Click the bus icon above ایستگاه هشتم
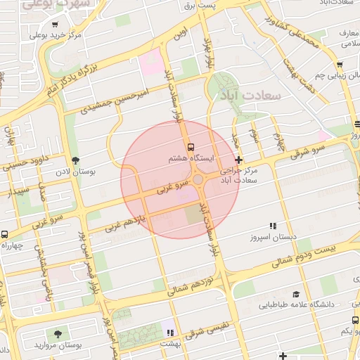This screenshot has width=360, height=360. [191, 147]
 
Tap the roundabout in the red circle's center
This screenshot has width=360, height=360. [199, 181]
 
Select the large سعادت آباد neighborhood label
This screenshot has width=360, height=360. [250, 94]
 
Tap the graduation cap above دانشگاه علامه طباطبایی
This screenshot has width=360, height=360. [296, 295]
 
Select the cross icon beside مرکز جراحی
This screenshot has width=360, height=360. [239, 160]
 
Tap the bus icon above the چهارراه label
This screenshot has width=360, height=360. [5, 234]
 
